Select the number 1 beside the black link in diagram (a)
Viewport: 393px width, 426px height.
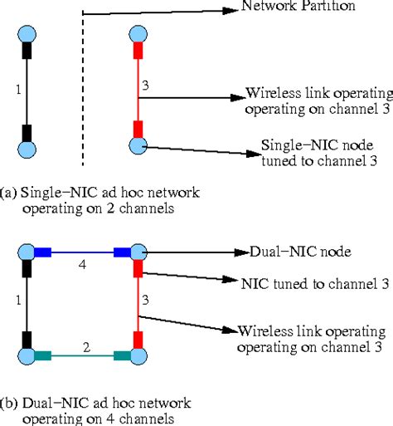point(18,90)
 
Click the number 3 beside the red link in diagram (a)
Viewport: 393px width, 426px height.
point(146,85)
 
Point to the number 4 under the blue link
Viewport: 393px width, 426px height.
point(82,266)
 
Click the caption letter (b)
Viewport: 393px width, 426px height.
point(9,404)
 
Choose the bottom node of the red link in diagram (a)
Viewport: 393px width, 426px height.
point(138,146)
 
